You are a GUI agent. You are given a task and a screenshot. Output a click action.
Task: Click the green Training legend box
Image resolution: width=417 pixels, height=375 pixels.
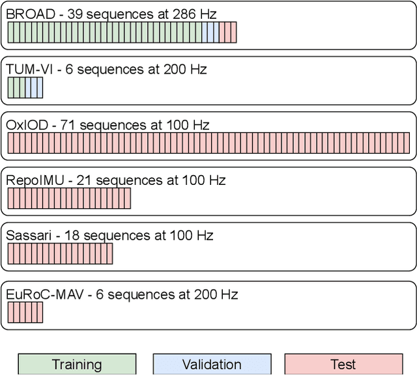tap(77, 365)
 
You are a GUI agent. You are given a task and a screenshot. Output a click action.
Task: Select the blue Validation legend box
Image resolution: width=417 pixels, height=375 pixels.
tap(212, 365)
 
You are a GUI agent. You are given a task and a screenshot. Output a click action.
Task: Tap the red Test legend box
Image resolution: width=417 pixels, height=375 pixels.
tap(343, 365)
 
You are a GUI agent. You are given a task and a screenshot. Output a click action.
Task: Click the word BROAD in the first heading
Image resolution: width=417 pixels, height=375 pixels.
tap(28, 14)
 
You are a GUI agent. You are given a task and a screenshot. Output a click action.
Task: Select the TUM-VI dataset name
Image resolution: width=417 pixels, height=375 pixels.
tap(27, 69)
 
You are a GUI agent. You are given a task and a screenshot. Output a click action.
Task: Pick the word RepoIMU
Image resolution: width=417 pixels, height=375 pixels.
tap(35, 180)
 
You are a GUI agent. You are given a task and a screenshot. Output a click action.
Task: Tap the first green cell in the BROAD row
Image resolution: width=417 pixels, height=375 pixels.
tap(10, 33)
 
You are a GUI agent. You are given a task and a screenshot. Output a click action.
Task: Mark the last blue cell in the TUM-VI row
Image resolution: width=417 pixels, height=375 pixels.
tap(40, 88)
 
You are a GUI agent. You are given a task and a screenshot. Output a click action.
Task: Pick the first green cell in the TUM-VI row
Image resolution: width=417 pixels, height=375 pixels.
tap(10, 88)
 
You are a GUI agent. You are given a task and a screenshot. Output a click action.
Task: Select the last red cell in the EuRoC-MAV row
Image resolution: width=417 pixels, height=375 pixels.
tap(40, 312)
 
